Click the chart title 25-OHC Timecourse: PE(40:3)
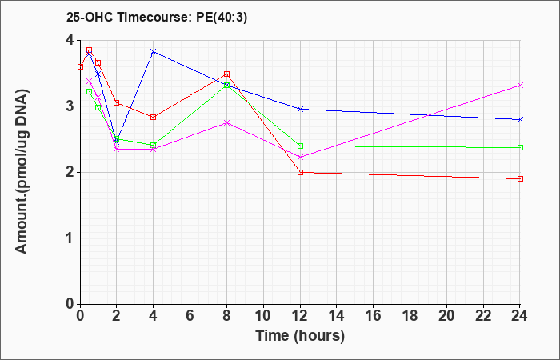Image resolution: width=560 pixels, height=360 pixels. pyautogui.click(x=157, y=17)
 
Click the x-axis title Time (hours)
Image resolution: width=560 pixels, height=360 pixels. pyautogui.click(x=300, y=336)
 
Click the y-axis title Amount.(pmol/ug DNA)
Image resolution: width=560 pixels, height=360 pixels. pyautogui.click(x=22, y=172)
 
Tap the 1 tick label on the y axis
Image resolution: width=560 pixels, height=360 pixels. pyautogui.click(x=70, y=238)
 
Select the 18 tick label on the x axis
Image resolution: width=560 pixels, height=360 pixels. pyautogui.click(x=410, y=316)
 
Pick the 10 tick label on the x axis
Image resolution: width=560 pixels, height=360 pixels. pyautogui.click(x=263, y=316)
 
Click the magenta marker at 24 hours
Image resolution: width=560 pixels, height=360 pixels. pyautogui.click(x=520, y=86)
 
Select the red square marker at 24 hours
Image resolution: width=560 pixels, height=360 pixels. pyautogui.click(x=520, y=178)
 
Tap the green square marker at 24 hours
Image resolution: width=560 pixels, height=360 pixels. pyautogui.click(x=520, y=147)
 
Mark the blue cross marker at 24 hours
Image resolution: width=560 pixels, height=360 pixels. pyautogui.click(x=520, y=120)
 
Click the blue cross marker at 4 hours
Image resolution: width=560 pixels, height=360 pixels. pyautogui.click(x=154, y=52)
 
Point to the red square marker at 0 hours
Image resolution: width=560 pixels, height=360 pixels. pyautogui.click(x=80, y=66)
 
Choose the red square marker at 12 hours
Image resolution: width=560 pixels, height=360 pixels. pyautogui.click(x=300, y=172)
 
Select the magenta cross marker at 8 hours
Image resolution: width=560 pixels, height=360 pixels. pyautogui.click(x=226, y=123)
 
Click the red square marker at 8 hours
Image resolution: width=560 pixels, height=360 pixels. pyautogui.click(x=226, y=74)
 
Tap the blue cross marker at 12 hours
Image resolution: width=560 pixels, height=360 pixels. pyautogui.click(x=300, y=109)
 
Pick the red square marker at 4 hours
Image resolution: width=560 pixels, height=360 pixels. pyautogui.click(x=154, y=117)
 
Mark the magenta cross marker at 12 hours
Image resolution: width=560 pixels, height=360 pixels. pyautogui.click(x=300, y=157)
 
